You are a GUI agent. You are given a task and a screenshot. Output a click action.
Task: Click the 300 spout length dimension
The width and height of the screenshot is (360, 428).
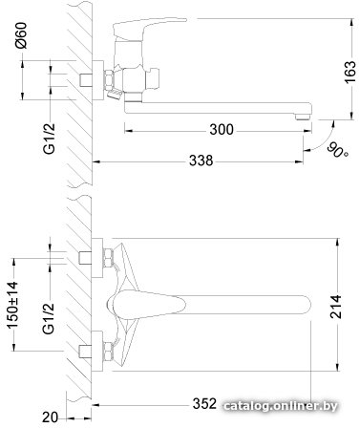pos(222,130)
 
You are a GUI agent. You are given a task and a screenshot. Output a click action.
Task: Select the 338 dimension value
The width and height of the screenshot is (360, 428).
pos(201,160)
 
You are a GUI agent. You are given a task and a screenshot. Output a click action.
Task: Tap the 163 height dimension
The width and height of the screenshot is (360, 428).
pos(350,72)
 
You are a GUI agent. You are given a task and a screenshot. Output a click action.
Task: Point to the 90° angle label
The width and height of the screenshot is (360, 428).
pos(338,150)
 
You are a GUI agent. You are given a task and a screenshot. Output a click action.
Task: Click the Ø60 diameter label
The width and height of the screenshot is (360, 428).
pos(21,35)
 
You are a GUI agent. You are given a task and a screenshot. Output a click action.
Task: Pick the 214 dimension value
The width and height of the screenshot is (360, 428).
pos(336,307)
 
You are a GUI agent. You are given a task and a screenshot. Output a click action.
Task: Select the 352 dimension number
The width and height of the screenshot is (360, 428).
pos(204,404)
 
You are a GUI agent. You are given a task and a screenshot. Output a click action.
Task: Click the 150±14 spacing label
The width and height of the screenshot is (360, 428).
pos(12,305)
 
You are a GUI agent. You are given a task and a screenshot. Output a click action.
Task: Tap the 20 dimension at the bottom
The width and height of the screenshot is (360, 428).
pos(51,417)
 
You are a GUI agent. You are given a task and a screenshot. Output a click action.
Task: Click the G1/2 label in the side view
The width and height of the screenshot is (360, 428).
pos(50,139)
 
